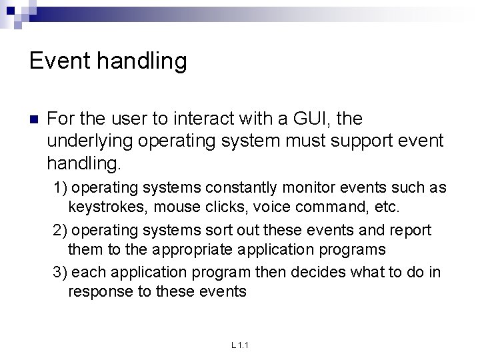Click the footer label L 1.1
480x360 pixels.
239,345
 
